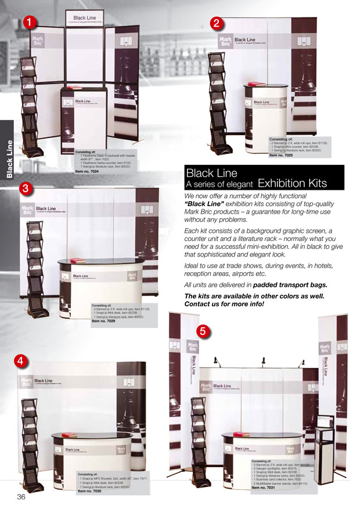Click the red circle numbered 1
click(x=30, y=21)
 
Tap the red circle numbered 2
click(x=216, y=24)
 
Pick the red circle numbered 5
click(x=202, y=331)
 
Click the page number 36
click(x=21, y=498)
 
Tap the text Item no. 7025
click(x=283, y=156)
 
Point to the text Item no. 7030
click(x=90, y=491)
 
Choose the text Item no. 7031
click(x=265, y=488)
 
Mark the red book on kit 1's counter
click(x=73, y=88)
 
